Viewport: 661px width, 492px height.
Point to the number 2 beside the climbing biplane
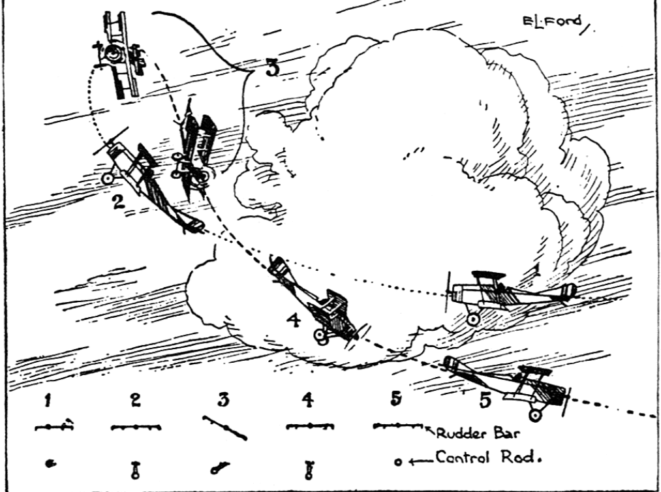pos(118,202)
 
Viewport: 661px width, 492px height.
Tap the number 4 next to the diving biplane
pos(294,321)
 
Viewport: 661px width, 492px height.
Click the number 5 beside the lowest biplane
pos(484,399)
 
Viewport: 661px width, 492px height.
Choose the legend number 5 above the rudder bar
pos(395,401)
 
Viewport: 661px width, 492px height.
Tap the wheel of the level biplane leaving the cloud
pos(473,319)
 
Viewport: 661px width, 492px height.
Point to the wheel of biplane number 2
pos(108,177)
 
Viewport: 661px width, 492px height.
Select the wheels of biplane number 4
pos(320,336)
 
